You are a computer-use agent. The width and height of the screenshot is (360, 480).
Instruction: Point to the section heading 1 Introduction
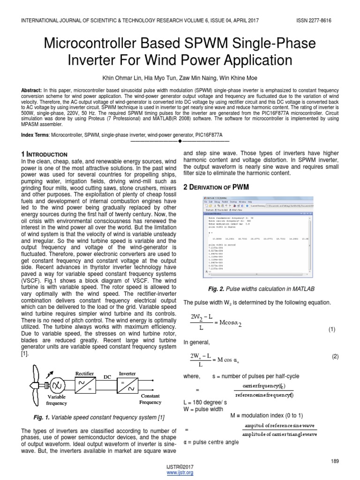[x=45, y=154]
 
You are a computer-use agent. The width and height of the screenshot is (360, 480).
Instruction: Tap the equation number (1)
[x=332, y=330]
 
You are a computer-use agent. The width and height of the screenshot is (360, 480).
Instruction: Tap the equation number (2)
[x=335, y=356]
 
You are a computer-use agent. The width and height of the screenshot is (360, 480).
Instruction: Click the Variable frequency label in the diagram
[x=57, y=399]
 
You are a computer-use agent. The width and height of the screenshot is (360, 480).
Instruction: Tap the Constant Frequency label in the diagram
[x=150, y=399]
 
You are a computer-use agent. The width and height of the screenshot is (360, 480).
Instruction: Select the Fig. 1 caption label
[x=41, y=417]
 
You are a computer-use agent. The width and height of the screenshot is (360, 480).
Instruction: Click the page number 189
[x=334, y=461]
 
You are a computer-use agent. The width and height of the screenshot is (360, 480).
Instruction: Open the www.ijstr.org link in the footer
[x=180, y=472]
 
